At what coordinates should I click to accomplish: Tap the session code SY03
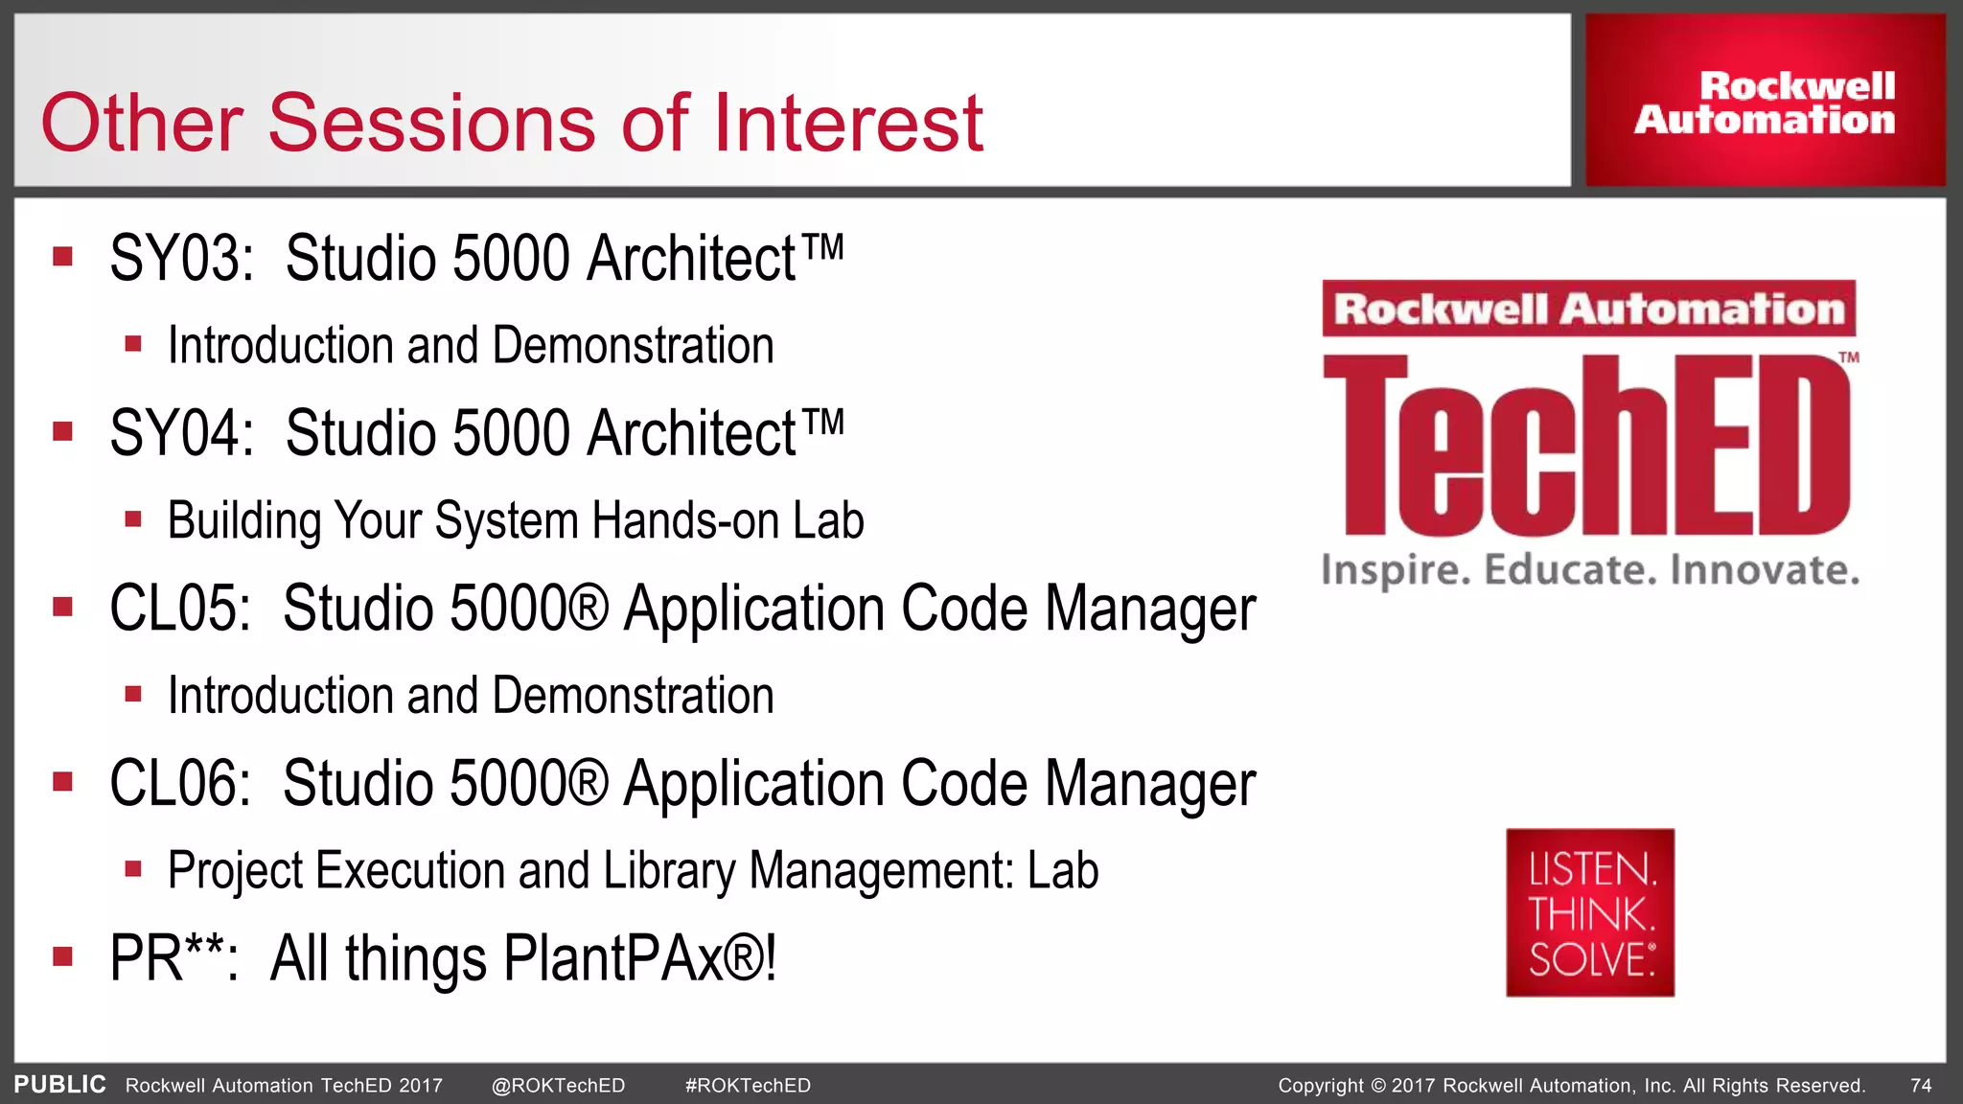181,259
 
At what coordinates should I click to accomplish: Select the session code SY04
181,433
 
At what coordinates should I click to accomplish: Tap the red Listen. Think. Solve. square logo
1590,912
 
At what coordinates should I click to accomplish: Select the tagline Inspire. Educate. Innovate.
1590,570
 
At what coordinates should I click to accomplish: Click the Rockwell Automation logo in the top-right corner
1765,102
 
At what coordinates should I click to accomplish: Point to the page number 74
1921,1086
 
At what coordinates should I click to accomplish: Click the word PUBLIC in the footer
59,1085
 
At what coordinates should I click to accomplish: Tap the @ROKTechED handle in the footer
558,1086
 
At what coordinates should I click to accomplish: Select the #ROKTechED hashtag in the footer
748,1086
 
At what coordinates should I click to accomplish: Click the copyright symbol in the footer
1378,1086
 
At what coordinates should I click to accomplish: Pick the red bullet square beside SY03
63,257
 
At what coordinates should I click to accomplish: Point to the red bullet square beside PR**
63,956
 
